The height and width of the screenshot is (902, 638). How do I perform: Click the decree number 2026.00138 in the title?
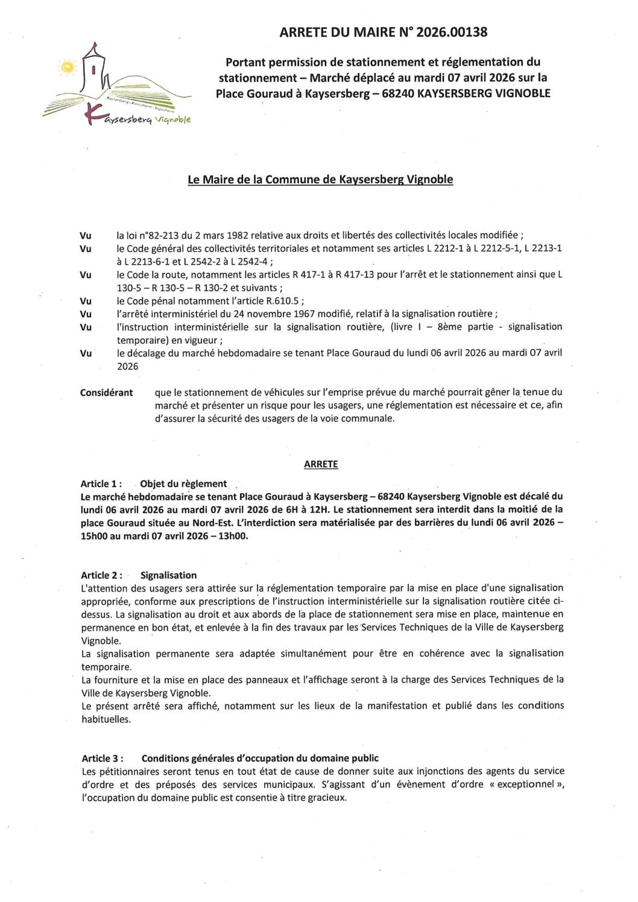click(x=451, y=32)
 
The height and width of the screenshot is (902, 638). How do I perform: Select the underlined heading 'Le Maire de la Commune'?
click(x=320, y=179)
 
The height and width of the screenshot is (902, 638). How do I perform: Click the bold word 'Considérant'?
click(x=106, y=393)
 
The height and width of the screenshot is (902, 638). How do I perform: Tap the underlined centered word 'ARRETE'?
click(x=321, y=464)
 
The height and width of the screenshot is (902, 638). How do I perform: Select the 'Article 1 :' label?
click(x=101, y=484)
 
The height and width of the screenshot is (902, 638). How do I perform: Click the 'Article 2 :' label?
click(x=101, y=575)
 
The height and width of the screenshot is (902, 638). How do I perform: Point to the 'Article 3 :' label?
click(x=103, y=758)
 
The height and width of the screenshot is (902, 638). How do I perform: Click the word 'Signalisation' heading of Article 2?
click(x=168, y=575)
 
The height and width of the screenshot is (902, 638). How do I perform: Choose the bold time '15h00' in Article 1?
click(x=93, y=535)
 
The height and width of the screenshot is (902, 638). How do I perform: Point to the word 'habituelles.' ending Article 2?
click(x=106, y=719)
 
